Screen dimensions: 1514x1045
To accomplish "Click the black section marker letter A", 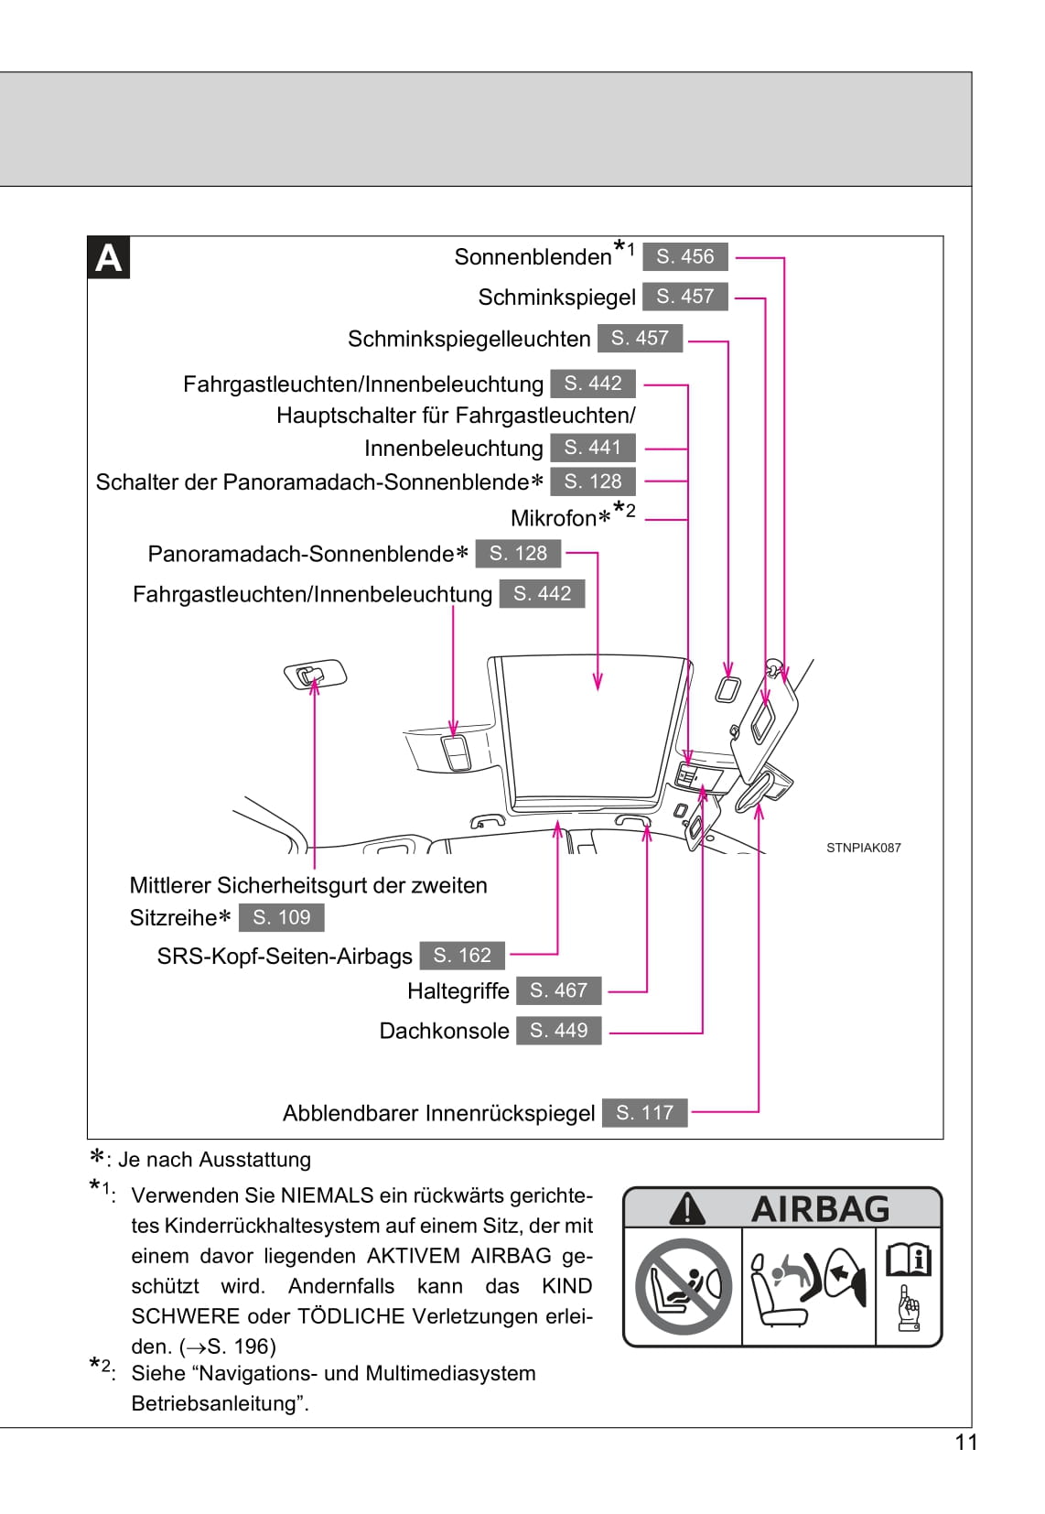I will click(x=108, y=258).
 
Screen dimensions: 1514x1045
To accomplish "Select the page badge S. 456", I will click(x=684, y=256).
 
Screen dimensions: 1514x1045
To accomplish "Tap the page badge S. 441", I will click(x=592, y=448).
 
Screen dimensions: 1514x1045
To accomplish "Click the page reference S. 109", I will click(x=281, y=917).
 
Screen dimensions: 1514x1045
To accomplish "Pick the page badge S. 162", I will click(x=462, y=956).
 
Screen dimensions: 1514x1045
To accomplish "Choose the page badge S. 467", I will click(x=558, y=990).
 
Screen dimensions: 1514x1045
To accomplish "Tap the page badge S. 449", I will click(x=558, y=1031).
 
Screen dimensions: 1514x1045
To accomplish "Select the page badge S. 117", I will click(x=644, y=1113).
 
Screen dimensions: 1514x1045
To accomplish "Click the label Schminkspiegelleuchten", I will click(x=469, y=339).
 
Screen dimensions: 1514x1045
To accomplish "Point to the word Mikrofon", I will click(x=553, y=518).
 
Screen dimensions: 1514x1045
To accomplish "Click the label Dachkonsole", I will click(x=444, y=1031).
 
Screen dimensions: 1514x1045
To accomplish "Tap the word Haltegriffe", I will click(x=458, y=990).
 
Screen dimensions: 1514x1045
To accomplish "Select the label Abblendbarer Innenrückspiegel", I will click(x=438, y=1113).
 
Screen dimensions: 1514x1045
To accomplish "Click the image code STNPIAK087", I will click(x=863, y=848).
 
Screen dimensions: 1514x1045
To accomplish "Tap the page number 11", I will click(x=966, y=1443).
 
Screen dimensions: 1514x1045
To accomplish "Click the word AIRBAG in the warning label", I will click(x=820, y=1209).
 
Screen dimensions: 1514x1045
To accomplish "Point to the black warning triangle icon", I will click(x=686, y=1209).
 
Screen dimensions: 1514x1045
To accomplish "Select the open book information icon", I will click(x=908, y=1260).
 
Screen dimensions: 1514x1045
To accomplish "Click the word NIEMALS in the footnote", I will click(x=327, y=1195).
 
